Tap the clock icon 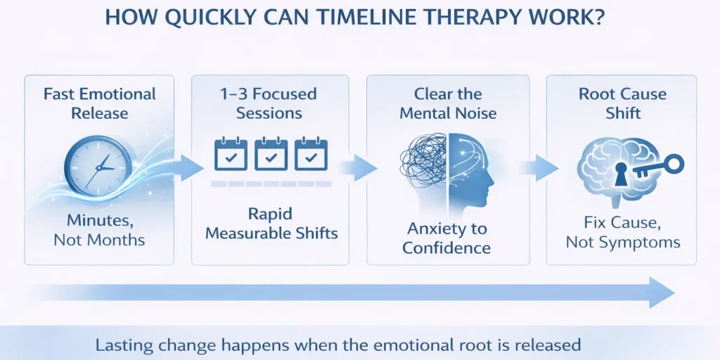click(98, 165)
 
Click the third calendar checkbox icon click(311, 155)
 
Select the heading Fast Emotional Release click(99, 103)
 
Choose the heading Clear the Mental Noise click(448, 103)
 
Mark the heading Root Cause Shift click(622, 103)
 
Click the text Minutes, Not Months click(98, 230)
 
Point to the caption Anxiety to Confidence click(446, 238)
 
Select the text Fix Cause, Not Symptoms click(622, 233)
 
